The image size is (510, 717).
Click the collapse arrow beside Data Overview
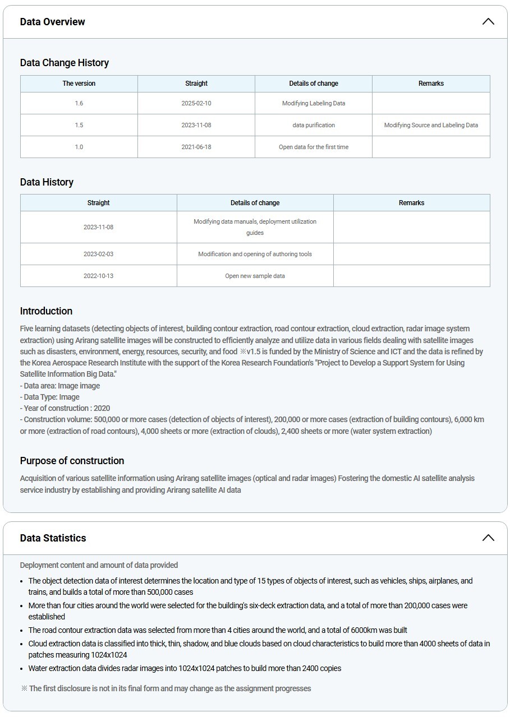(488, 22)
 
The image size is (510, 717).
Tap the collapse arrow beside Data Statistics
(488, 538)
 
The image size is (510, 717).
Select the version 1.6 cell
(79, 103)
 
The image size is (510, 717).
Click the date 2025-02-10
(196, 103)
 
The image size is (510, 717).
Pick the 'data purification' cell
(314, 125)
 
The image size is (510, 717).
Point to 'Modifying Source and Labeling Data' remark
(431, 125)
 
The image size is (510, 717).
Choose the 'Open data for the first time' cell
(314, 147)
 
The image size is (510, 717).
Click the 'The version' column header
(79, 84)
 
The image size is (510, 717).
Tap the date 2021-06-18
(196, 147)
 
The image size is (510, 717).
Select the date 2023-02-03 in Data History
(98, 254)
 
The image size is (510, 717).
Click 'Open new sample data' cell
(255, 276)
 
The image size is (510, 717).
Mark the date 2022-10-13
(98, 276)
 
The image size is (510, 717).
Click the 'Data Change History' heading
(65, 63)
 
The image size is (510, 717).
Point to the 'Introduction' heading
(46, 311)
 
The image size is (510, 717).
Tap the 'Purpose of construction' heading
(72, 461)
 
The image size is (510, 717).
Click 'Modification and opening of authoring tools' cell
(255, 254)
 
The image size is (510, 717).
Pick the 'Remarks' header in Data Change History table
(431, 84)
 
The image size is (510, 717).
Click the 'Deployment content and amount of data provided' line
(99, 565)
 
